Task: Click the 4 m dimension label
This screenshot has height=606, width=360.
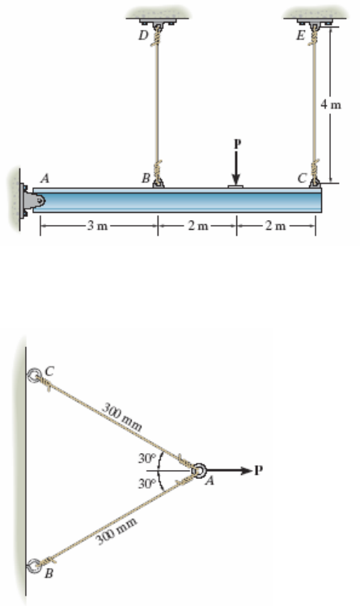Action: [x=331, y=104]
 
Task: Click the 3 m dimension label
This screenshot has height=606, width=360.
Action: [x=97, y=225]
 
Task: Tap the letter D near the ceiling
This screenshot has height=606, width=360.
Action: [x=143, y=36]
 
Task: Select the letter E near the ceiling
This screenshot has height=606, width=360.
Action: [x=301, y=36]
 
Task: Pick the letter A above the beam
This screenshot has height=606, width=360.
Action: [x=45, y=179]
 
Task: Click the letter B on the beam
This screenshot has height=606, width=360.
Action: [x=146, y=178]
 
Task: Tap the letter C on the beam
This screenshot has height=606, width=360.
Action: [x=303, y=178]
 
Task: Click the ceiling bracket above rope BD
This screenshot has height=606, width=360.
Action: [x=158, y=22]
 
